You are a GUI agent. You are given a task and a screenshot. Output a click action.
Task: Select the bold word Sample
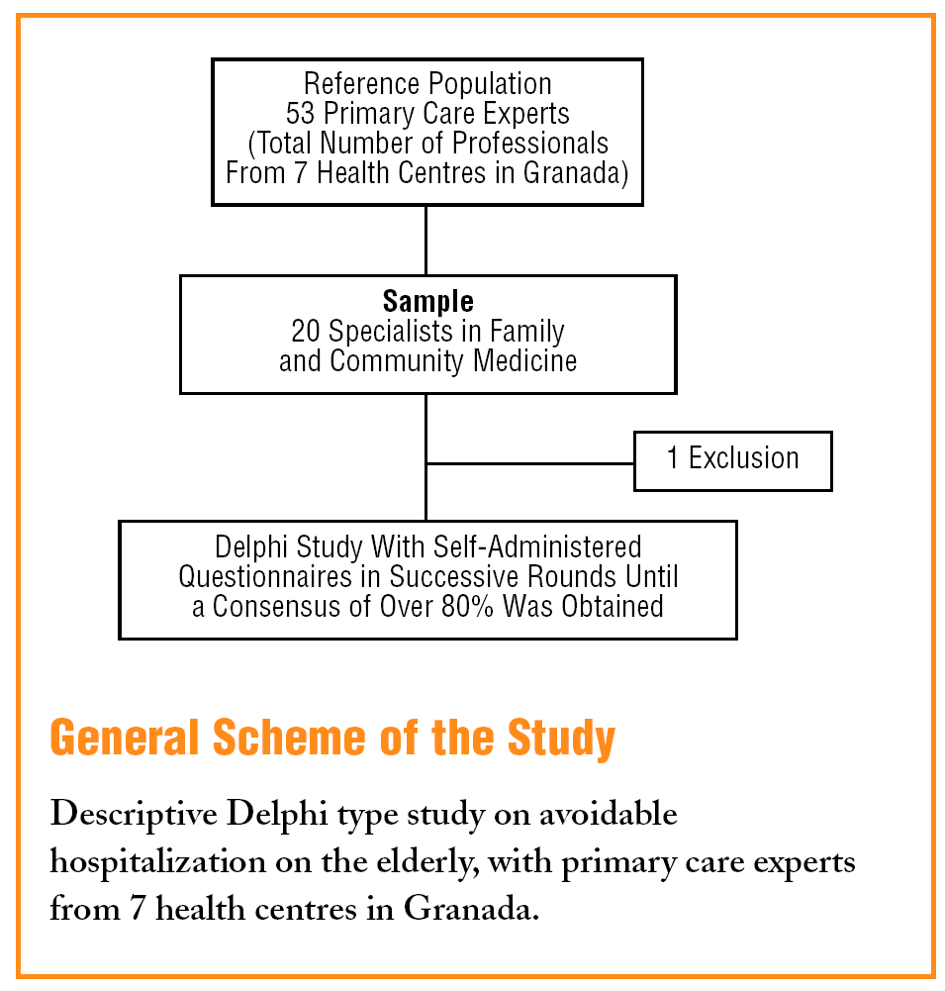(427, 301)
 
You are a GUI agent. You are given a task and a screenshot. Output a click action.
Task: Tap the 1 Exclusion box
(732, 459)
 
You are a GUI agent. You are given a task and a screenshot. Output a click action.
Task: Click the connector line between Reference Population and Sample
(425, 240)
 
